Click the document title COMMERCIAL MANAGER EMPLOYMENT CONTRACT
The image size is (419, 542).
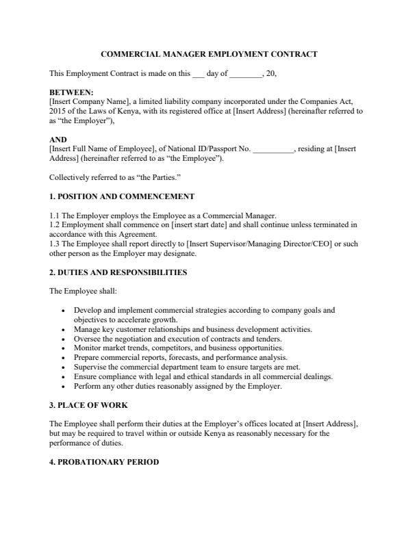pos(209,53)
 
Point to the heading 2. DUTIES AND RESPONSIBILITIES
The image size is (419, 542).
pos(118,272)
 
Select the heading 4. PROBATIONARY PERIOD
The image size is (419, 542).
pos(104,462)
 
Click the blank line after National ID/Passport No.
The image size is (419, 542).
pos(273,149)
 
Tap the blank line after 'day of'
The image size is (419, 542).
pos(246,73)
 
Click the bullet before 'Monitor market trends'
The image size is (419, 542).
pos(64,348)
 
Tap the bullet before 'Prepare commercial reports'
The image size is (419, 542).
pos(64,358)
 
